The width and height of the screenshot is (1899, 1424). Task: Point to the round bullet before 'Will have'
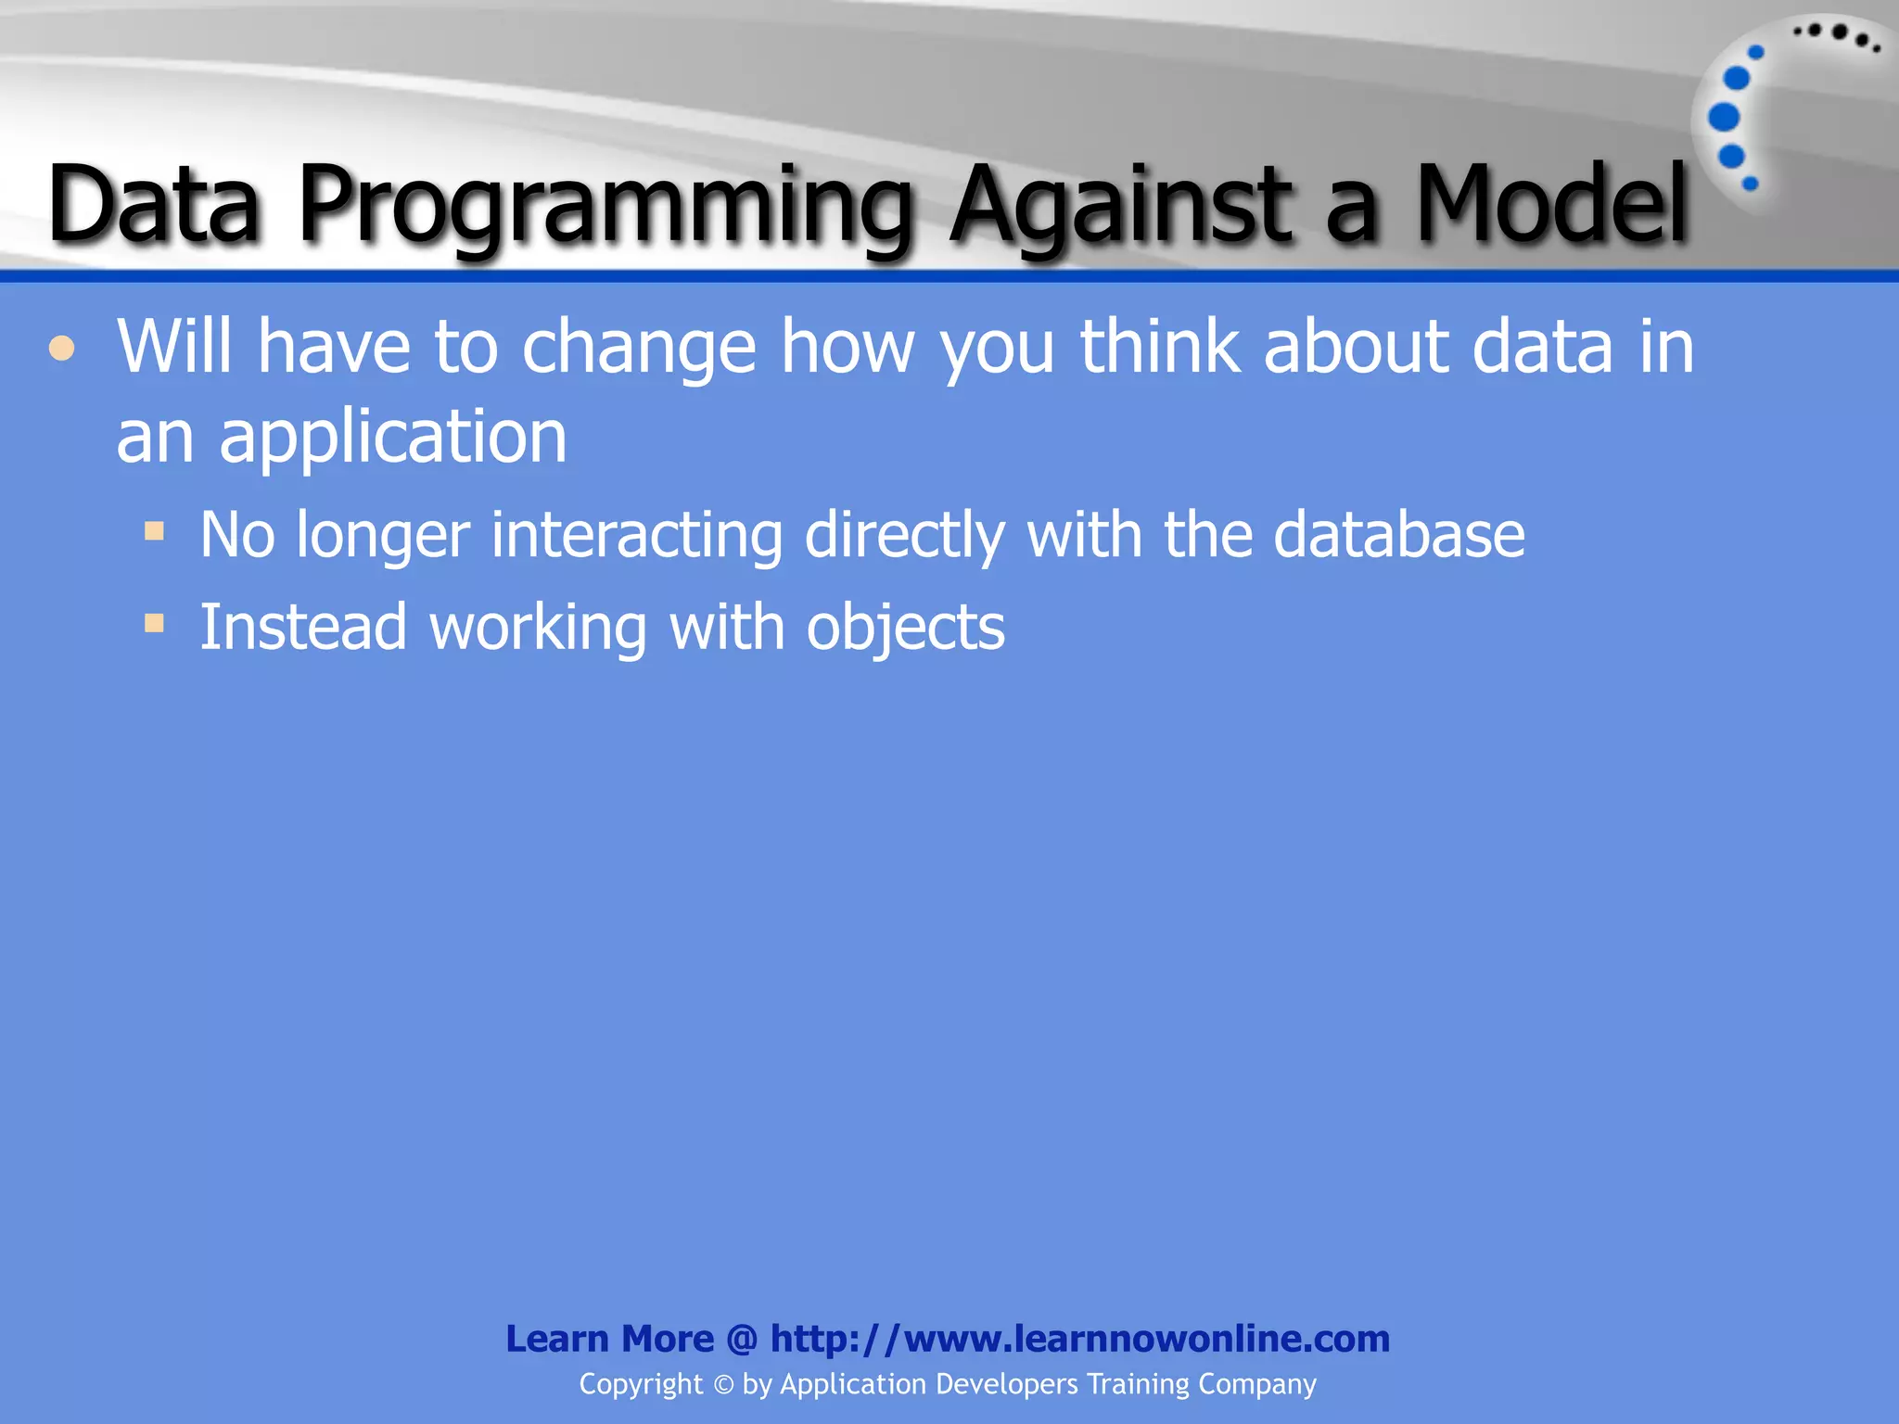click(62, 350)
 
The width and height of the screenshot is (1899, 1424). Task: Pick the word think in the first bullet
click(1160, 347)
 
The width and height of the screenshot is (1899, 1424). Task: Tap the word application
click(392, 438)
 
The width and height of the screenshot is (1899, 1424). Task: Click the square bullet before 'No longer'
click(154, 532)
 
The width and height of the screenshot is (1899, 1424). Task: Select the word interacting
click(636, 536)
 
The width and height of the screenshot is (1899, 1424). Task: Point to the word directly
click(904, 536)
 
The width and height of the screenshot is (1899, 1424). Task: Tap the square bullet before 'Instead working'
click(154, 623)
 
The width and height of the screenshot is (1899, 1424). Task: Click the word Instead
click(303, 628)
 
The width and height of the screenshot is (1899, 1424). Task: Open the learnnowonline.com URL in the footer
click(1080, 1339)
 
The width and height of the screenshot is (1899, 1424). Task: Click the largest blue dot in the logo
click(1724, 118)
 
